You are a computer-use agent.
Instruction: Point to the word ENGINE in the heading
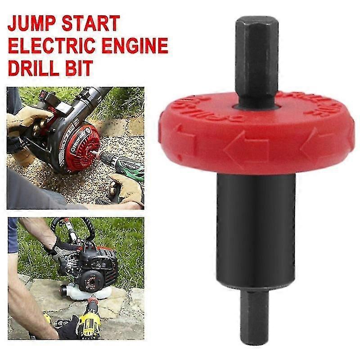pyautogui.click(x=139, y=46)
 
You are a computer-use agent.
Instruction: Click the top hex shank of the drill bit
pyautogui.click(x=256, y=58)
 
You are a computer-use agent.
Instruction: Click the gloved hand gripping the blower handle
pyautogui.click(x=22, y=119)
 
